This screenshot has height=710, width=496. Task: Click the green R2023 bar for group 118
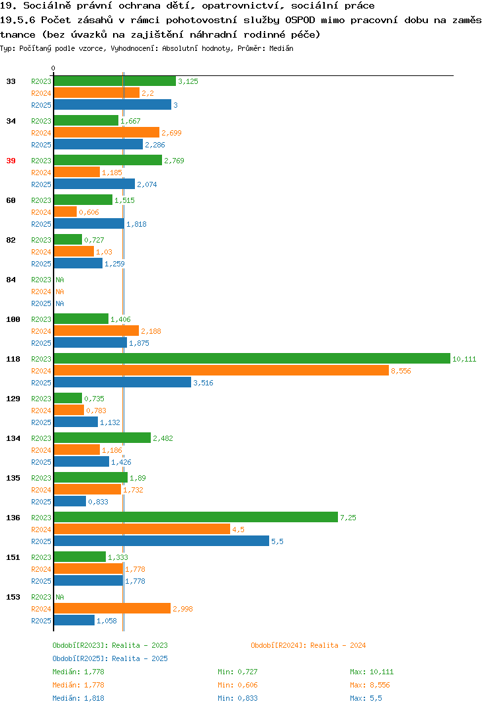(x=252, y=358)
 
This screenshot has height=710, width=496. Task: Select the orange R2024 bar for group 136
(x=142, y=529)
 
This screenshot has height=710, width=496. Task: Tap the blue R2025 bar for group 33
(x=112, y=104)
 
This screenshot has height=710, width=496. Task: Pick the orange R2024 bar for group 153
(x=112, y=608)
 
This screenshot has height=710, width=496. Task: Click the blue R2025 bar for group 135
(x=69, y=501)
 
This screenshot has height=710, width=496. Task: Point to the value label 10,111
(x=464, y=359)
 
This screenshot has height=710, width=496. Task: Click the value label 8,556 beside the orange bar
(x=401, y=371)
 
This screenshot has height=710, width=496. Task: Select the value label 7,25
(x=348, y=518)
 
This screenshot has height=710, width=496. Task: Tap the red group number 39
(x=11, y=161)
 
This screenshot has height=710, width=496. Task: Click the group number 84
(x=11, y=280)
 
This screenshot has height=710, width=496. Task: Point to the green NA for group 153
(x=60, y=597)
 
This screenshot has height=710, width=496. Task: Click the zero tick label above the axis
(x=53, y=68)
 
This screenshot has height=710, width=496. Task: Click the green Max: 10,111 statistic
(x=372, y=672)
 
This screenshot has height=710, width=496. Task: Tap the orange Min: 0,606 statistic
(x=237, y=685)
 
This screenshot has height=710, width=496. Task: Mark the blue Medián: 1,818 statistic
(x=78, y=698)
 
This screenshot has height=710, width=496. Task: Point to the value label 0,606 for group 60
(x=89, y=212)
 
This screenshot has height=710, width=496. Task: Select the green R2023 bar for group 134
(x=103, y=438)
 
